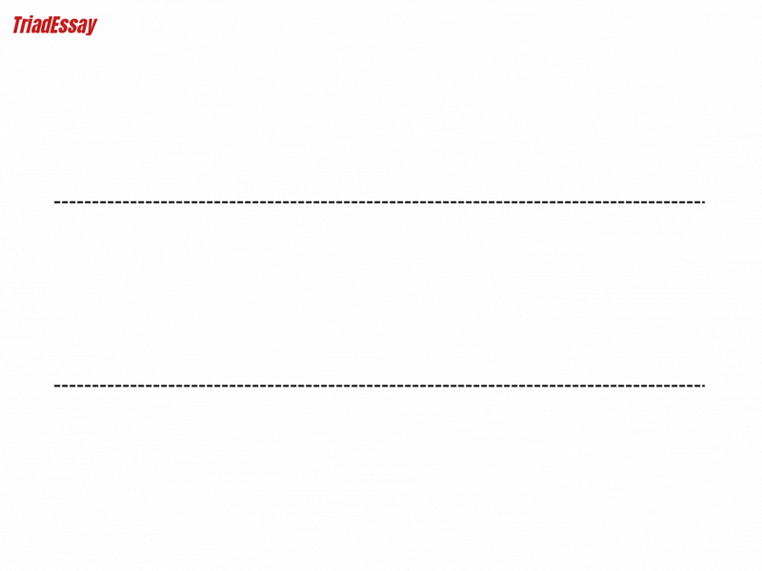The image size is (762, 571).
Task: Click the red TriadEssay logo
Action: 55,26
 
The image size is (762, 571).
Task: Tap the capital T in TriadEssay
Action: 17,25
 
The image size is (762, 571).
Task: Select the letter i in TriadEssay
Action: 30,25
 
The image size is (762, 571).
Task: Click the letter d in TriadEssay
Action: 47,25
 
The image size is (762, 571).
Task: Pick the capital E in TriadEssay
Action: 55,25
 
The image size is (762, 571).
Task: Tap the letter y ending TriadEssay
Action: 91,27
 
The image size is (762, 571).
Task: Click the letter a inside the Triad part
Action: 37,27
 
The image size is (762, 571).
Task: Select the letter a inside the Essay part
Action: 82,27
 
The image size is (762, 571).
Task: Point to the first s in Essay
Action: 64,27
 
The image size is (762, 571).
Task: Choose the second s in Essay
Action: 73,27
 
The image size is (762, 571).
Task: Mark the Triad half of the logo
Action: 32,25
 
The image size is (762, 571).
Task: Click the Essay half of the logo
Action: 74,26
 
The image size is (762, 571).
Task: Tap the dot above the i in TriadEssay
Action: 31,16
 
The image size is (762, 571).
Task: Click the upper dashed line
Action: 379,202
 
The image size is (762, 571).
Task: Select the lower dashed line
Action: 379,385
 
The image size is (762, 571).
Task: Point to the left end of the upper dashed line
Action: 54,202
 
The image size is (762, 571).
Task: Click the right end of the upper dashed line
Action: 704,202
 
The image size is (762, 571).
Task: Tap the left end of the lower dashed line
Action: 54,385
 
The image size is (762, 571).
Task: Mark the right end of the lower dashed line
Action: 704,385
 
